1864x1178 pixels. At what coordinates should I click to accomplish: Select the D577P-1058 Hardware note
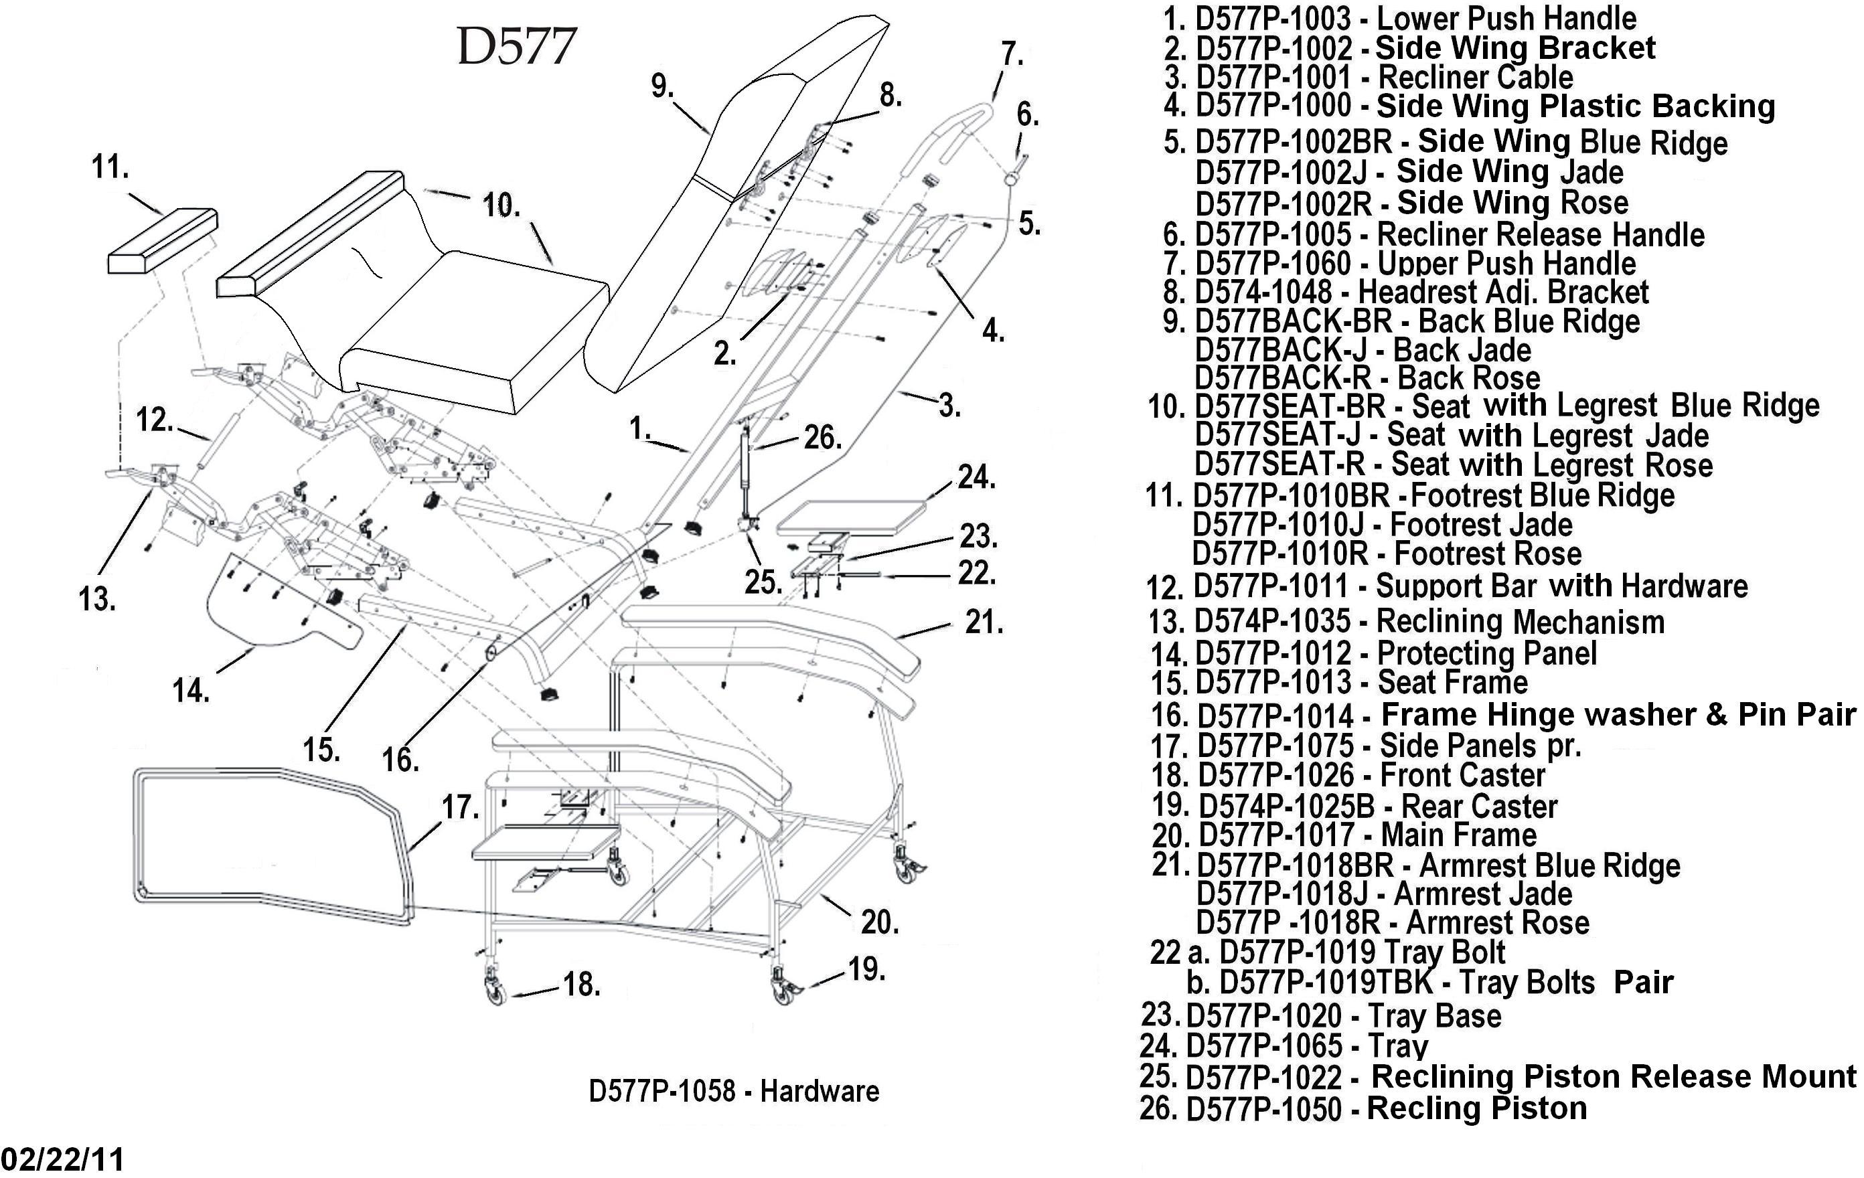point(733,1091)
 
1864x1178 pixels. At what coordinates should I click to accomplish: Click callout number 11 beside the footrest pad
point(110,167)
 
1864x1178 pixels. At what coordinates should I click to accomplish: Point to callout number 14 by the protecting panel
point(190,689)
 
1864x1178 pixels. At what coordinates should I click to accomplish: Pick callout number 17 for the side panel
point(460,807)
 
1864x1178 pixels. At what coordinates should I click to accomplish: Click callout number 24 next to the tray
point(976,477)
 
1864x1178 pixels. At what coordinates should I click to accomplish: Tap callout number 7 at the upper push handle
point(1012,54)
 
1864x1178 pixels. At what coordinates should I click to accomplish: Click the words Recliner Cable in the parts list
point(1476,78)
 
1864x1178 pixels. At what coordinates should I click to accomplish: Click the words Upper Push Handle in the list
point(1506,263)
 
